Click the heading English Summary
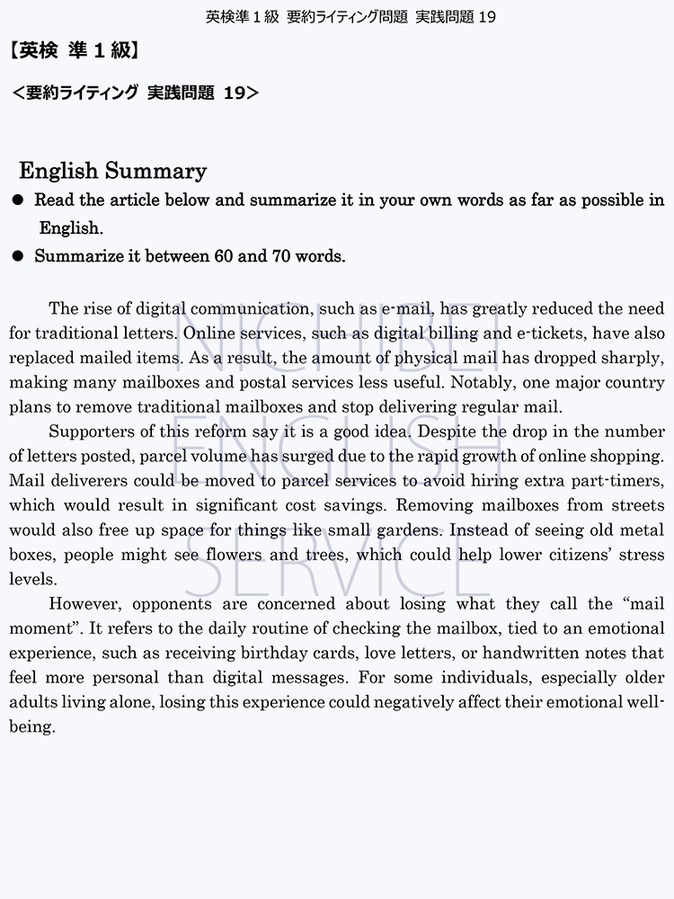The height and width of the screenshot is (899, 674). pos(112,171)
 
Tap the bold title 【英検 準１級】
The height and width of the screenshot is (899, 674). pos(75,51)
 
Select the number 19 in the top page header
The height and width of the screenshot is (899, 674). pos(487,16)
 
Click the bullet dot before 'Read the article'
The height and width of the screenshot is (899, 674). pos(16,200)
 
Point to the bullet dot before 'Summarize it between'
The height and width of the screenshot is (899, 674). pos(16,257)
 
